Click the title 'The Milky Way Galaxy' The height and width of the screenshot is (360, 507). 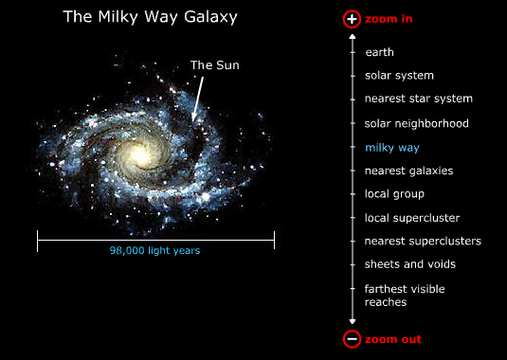click(150, 17)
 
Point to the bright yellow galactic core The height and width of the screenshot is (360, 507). click(140, 153)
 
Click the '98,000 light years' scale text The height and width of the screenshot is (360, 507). click(154, 251)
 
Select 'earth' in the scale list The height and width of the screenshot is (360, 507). click(379, 52)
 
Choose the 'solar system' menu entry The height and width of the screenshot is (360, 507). click(399, 76)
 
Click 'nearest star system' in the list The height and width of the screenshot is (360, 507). click(418, 99)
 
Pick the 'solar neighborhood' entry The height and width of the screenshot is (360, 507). click(416, 123)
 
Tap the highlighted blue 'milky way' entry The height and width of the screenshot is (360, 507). click(391, 148)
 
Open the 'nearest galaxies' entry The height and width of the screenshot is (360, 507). click(408, 171)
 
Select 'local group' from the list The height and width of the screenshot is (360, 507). click(394, 194)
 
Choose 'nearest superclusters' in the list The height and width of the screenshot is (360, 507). click(423, 241)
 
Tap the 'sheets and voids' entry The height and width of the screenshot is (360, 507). click(409, 264)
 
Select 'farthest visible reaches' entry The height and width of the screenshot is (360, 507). click(405, 295)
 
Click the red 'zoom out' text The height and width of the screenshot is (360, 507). click(392, 339)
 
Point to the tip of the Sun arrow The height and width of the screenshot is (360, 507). click(193, 120)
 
